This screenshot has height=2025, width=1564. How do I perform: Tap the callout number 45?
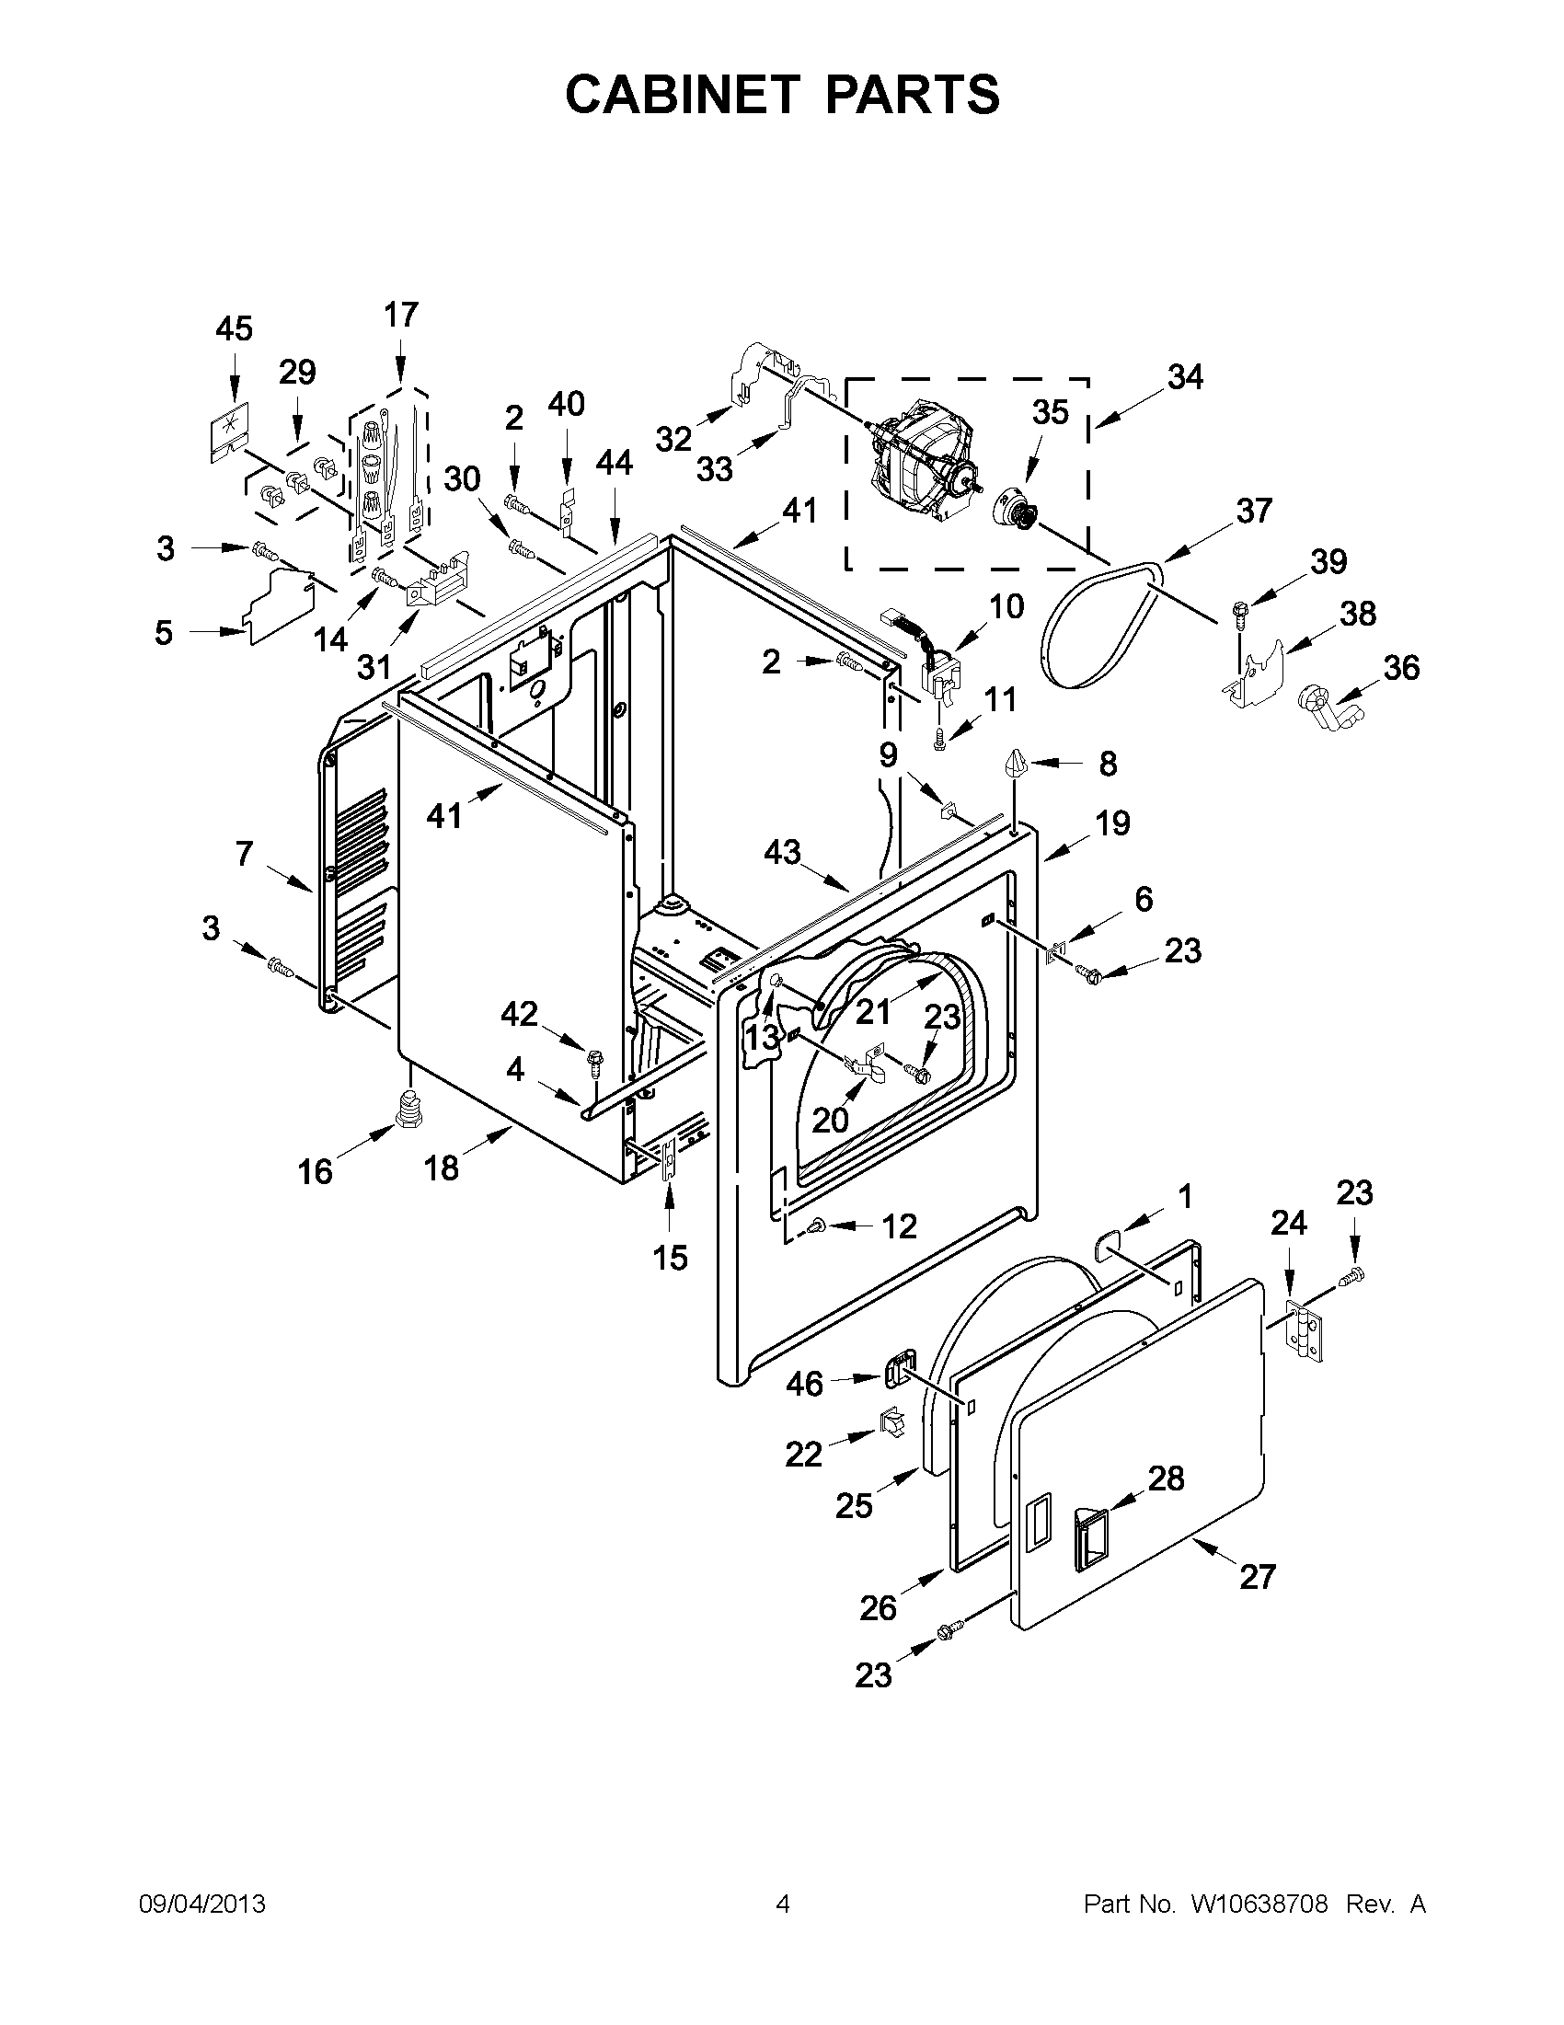pos(234,328)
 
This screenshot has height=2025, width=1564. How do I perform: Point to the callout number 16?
pos(316,1172)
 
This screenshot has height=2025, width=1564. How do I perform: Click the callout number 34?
pos(1185,377)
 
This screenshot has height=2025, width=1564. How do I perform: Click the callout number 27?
pos(1257,1576)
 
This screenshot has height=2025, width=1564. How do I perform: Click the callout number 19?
pos(1112,823)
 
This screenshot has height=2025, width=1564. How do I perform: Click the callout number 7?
pos(244,853)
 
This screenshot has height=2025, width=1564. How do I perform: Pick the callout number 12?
pos(899,1225)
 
